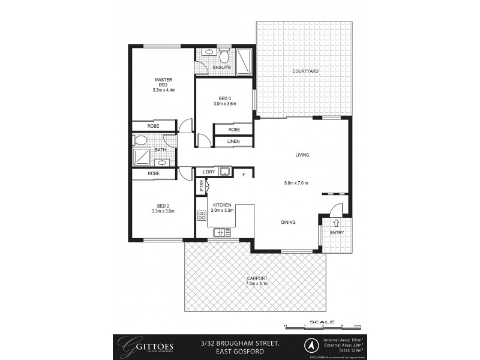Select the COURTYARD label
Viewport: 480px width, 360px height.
click(x=305, y=71)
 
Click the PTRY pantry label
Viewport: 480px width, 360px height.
click(x=202, y=187)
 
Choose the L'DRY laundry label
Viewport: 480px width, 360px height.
click(x=209, y=172)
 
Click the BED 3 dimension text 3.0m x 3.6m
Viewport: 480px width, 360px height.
click(x=224, y=103)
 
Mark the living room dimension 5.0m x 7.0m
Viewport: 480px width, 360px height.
click(x=296, y=183)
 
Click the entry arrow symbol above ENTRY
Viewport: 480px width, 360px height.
click(x=335, y=222)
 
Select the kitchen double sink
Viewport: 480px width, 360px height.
click(x=222, y=232)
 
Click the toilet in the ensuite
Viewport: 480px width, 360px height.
click(x=224, y=57)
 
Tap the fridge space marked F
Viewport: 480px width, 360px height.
click(x=244, y=175)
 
